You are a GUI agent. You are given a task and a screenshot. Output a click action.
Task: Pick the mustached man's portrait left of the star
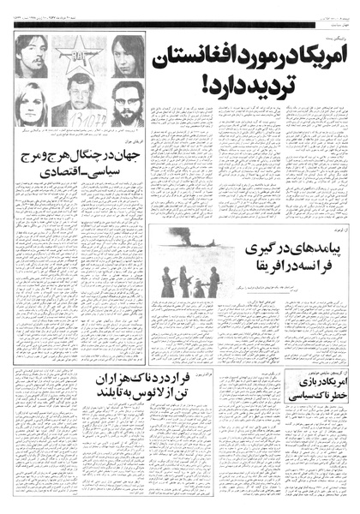(32, 57)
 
